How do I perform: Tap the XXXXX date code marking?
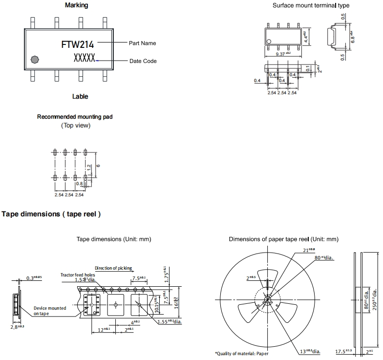[85, 58]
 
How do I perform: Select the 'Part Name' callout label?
[143, 43]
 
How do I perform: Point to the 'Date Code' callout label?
[143, 61]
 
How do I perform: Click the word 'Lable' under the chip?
[80, 97]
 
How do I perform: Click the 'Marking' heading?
[77, 5]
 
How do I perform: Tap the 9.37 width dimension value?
[282, 54]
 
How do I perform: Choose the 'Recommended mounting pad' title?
[75, 117]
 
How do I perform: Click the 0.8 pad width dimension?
[79, 184]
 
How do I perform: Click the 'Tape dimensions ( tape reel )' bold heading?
[51, 214]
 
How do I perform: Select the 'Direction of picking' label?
[113, 268]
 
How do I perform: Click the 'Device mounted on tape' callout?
[50, 311]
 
